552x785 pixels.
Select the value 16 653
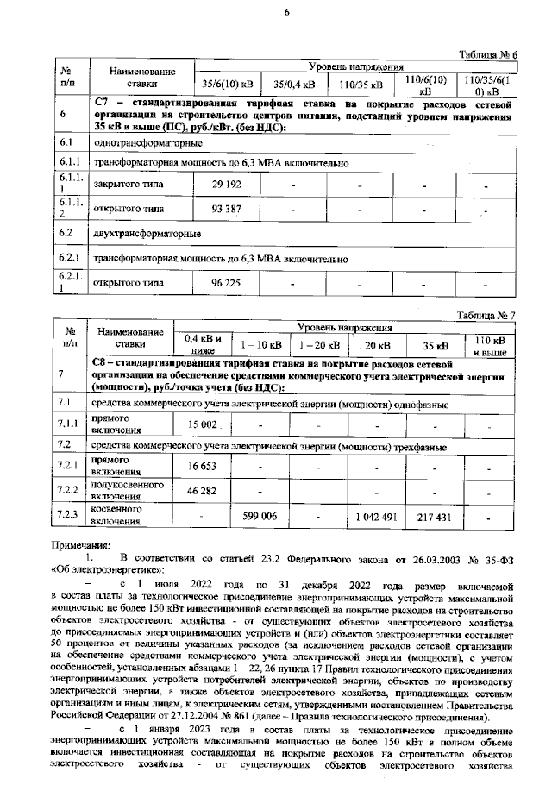tap(203, 466)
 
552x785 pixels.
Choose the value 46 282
tap(203, 490)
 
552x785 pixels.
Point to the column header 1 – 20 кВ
tap(316, 346)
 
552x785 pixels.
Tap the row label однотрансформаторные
tap(147, 142)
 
